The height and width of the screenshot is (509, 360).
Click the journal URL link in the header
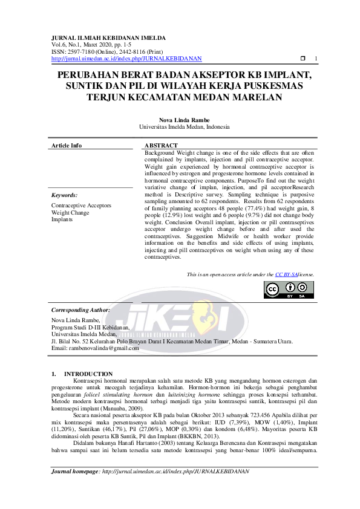[126, 59]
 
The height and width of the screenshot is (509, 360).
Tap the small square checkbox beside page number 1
[303, 59]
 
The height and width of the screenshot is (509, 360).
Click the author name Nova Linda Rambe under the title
[180, 120]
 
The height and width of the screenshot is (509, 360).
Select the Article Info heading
[67, 146]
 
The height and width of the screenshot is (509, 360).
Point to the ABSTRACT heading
[162, 146]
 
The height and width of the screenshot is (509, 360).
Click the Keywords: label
[64, 195]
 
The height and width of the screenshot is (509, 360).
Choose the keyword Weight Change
[70, 213]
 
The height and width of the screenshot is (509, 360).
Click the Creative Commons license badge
[288, 290]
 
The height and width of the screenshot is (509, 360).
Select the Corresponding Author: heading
[80, 310]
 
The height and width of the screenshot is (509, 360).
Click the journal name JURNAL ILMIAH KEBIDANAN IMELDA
[108, 37]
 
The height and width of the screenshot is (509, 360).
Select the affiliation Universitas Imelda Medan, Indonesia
[180, 128]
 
